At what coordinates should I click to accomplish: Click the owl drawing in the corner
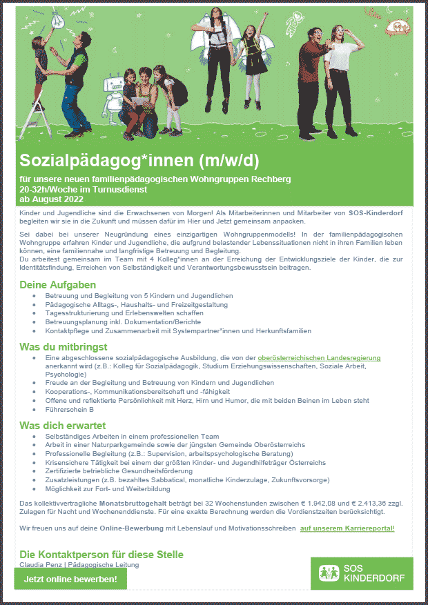tap(396, 26)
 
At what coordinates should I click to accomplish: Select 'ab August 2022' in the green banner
tap(51, 199)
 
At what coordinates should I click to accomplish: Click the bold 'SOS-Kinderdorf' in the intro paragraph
tap(376, 212)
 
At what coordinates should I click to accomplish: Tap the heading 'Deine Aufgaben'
tap(57, 284)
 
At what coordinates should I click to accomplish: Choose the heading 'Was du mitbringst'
tap(64, 347)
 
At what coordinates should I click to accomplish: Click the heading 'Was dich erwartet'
tap(63, 425)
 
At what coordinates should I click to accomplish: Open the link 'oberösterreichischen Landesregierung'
tap(319, 359)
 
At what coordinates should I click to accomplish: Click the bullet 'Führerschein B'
tap(69, 409)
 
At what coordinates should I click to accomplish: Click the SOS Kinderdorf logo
tap(362, 573)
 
